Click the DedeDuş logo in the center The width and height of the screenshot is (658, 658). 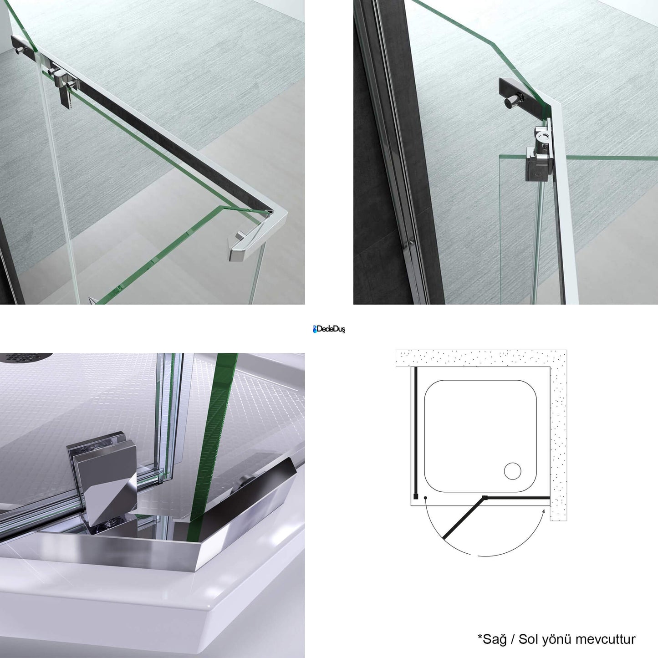tap(329, 329)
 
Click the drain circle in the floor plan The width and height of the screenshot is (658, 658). tap(513, 471)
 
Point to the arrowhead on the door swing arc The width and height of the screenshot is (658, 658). tap(543, 511)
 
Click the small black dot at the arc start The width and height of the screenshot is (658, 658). tap(425, 498)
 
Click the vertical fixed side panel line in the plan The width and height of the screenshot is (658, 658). tap(416, 430)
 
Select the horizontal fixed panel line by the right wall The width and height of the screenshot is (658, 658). tap(518, 498)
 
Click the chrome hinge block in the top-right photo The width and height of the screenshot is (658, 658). tap(539, 153)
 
